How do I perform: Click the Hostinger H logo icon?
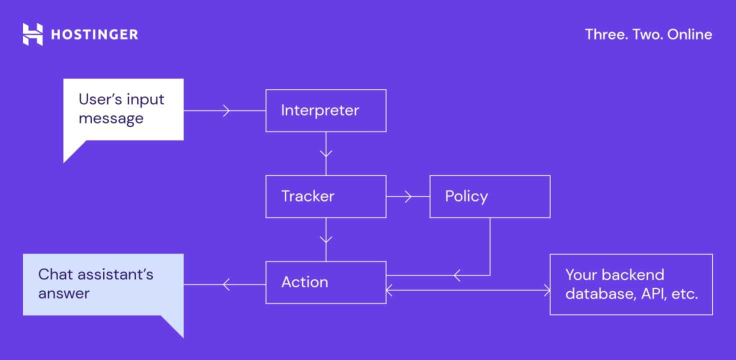click(33, 34)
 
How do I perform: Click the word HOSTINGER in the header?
click(94, 34)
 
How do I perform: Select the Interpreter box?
click(325, 110)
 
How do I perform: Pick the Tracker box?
click(325, 196)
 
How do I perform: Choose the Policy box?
click(489, 196)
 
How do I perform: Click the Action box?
click(325, 282)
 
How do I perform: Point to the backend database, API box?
click(631, 284)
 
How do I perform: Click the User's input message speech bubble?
click(123, 109)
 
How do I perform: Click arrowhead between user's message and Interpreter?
click(226, 110)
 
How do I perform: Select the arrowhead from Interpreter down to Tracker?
click(326, 152)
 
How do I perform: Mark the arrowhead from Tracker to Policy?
click(408, 196)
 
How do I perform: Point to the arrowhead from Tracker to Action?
click(326, 238)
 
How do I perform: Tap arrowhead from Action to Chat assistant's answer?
click(225, 284)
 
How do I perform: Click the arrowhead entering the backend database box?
click(545, 289)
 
